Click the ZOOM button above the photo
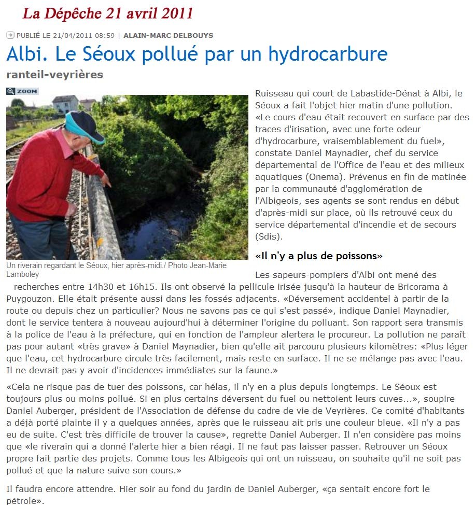22,91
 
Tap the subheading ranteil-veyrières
54,75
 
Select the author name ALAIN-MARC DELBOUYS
168,36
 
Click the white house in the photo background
65,104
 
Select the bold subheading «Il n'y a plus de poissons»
319,256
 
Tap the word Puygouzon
30,299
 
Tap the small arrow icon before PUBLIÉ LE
10,35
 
